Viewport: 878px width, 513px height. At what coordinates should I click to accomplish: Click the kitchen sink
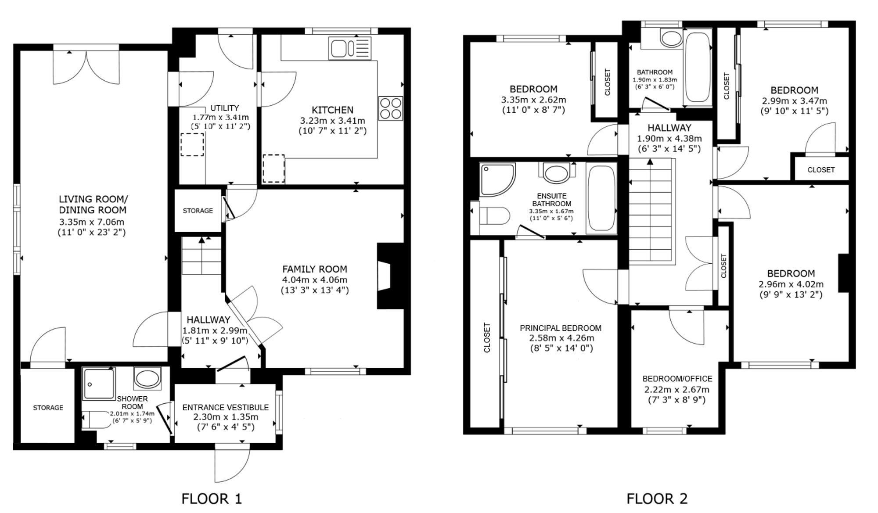click(x=350, y=48)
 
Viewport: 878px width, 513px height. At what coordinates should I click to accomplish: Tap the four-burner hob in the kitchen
click(x=391, y=108)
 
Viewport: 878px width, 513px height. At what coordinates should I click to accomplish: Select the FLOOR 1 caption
click(x=212, y=499)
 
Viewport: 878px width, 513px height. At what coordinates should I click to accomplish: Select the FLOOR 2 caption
click(x=657, y=499)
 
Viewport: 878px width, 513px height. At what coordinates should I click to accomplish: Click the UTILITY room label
click(x=225, y=108)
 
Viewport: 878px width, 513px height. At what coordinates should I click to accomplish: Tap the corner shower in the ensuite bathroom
click(x=497, y=180)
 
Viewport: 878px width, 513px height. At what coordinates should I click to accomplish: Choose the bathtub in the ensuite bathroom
click(x=601, y=198)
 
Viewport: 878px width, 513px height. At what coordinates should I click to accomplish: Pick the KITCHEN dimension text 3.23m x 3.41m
click(x=333, y=120)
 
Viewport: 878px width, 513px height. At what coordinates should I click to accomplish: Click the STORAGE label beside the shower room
click(x=48, y=408)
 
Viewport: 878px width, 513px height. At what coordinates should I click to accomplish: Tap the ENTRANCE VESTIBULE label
click(x=226, y=407)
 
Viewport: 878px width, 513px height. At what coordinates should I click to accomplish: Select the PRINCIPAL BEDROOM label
click(x=561, y=328)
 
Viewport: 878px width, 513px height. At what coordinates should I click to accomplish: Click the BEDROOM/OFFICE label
click(x=677, y=379)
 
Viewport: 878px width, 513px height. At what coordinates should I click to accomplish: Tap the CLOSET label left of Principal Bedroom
click(x=487, y=337)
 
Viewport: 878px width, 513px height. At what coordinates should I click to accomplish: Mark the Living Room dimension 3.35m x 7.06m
click(x=92, y=222)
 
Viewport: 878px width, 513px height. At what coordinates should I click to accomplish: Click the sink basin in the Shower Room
click(x=147, y=378)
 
